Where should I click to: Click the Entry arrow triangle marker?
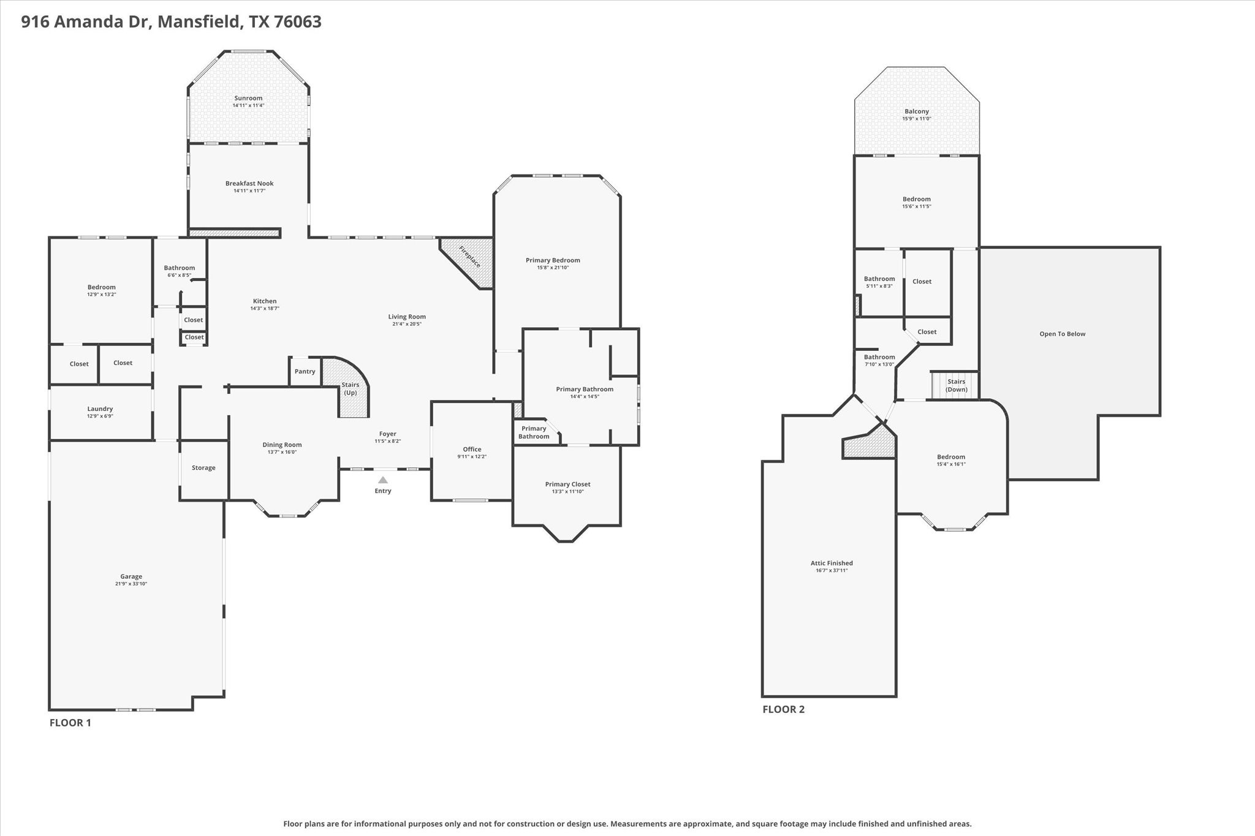coord(383,480)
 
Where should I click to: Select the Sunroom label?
coord(248,98)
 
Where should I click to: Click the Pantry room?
coord(305,371)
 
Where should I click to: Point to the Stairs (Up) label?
coord(351,389)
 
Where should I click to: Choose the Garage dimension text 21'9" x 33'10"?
coord(131,584)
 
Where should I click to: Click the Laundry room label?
coord(100,409)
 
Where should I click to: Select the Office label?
coord(472,449)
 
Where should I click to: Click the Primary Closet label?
coord(567,484)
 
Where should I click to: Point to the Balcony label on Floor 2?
coord(917,111)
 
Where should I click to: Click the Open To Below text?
coord(1062,334)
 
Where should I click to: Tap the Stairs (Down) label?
coord(956,385)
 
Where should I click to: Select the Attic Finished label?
coord(832,563)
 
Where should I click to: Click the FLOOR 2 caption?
coord(783,709)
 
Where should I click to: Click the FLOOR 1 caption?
coord(70,723)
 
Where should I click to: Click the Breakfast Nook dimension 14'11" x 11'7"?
coord(249,190)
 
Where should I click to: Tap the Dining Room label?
coord(282,445)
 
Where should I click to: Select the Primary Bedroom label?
coord(553,260)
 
